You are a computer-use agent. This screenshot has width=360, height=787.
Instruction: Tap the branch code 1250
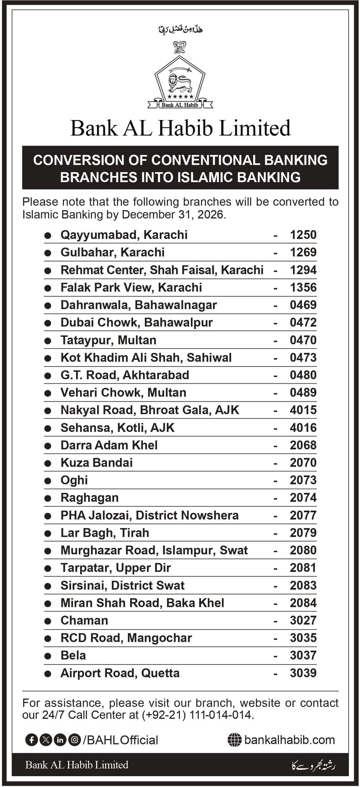coord(303,235)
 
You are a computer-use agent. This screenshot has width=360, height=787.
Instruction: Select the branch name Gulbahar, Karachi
coord(112,252)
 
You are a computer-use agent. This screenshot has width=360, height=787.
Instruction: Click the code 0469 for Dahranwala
coord(303,305)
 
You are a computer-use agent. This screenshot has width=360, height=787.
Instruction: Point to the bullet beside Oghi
coord(48,481)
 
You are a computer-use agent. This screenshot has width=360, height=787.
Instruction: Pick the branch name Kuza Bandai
coord(97,463)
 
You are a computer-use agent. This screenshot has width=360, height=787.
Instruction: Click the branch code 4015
coord(303,410)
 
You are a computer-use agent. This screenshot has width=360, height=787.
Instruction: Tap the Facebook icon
coord(31,740)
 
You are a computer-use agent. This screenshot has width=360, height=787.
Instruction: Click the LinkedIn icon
coord(60,740)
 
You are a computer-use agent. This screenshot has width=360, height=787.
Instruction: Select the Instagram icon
coord(74,740)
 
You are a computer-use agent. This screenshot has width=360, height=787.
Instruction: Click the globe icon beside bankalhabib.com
coord(234,740)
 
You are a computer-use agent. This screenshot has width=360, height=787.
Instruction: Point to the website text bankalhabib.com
coord(289,740)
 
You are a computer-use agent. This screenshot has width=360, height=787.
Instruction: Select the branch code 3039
coord(303,673)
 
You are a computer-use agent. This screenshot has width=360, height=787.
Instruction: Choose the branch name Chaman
coord(84,620)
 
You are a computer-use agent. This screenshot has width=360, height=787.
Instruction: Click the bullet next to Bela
coord(48,656)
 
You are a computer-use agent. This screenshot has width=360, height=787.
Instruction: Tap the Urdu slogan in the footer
coord(313,765)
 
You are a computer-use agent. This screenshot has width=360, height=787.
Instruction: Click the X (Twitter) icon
coord(46,740)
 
